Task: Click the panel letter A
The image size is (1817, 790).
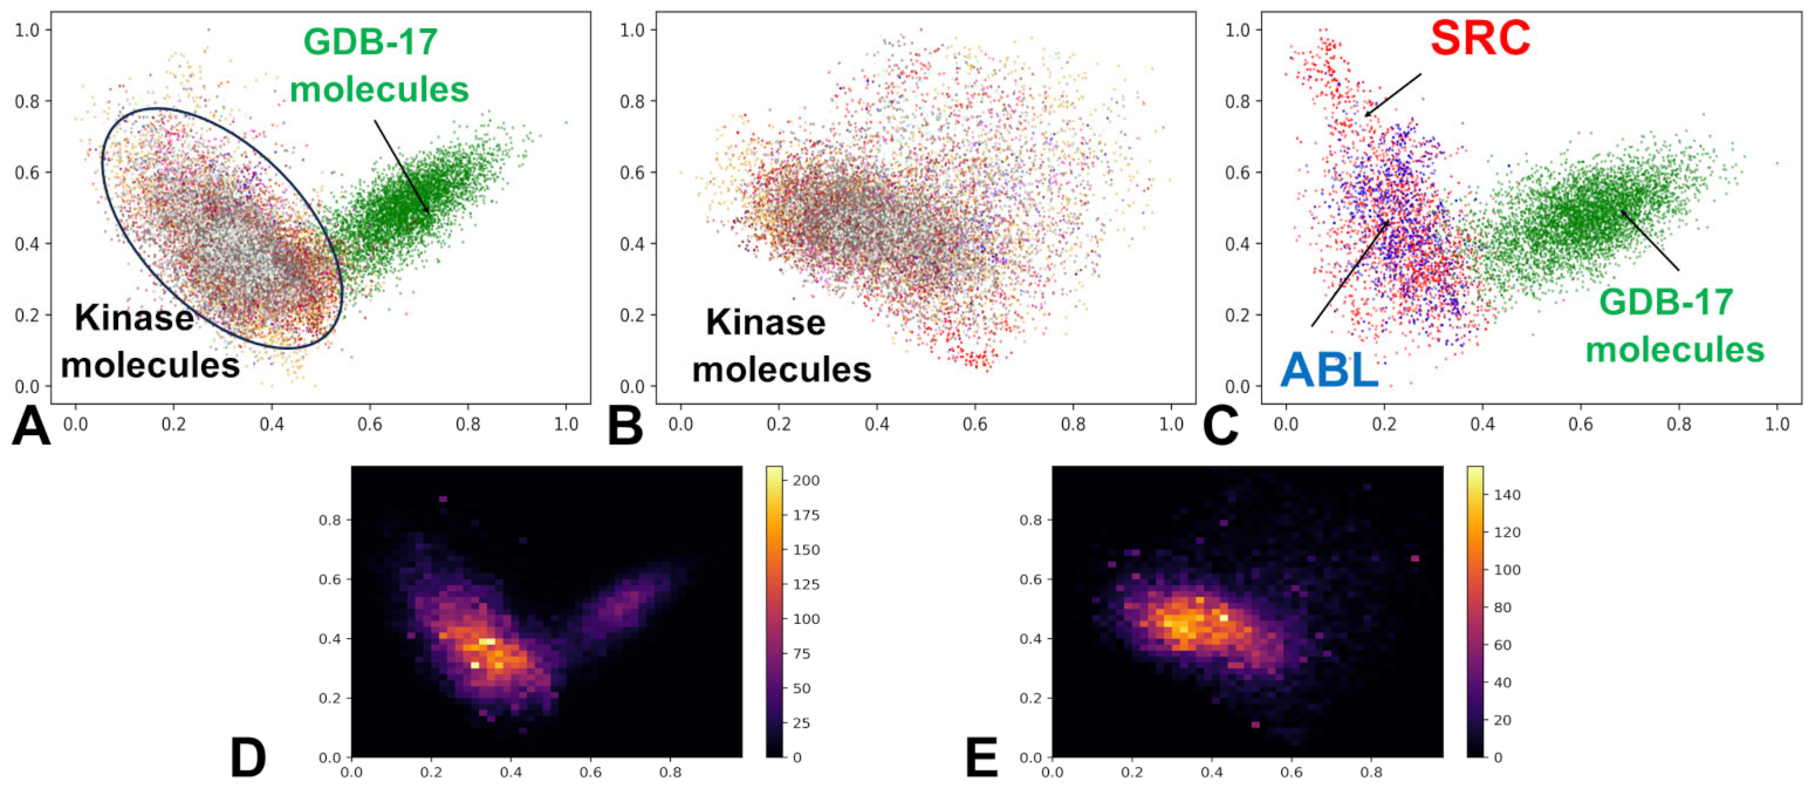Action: (x=31, y=427)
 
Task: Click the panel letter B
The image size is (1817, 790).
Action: (x=625, y=427)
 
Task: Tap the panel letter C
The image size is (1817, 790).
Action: (x=1220, y=427)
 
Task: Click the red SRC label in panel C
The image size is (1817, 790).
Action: (x=1480, y=38)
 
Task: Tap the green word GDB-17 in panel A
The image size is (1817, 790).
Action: (x=370, y=42)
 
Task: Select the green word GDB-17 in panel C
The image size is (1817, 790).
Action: (x=1665, y=303)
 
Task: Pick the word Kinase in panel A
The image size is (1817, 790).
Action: (x=134, y=318)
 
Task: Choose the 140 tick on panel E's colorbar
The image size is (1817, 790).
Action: (x=1507, y=495)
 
